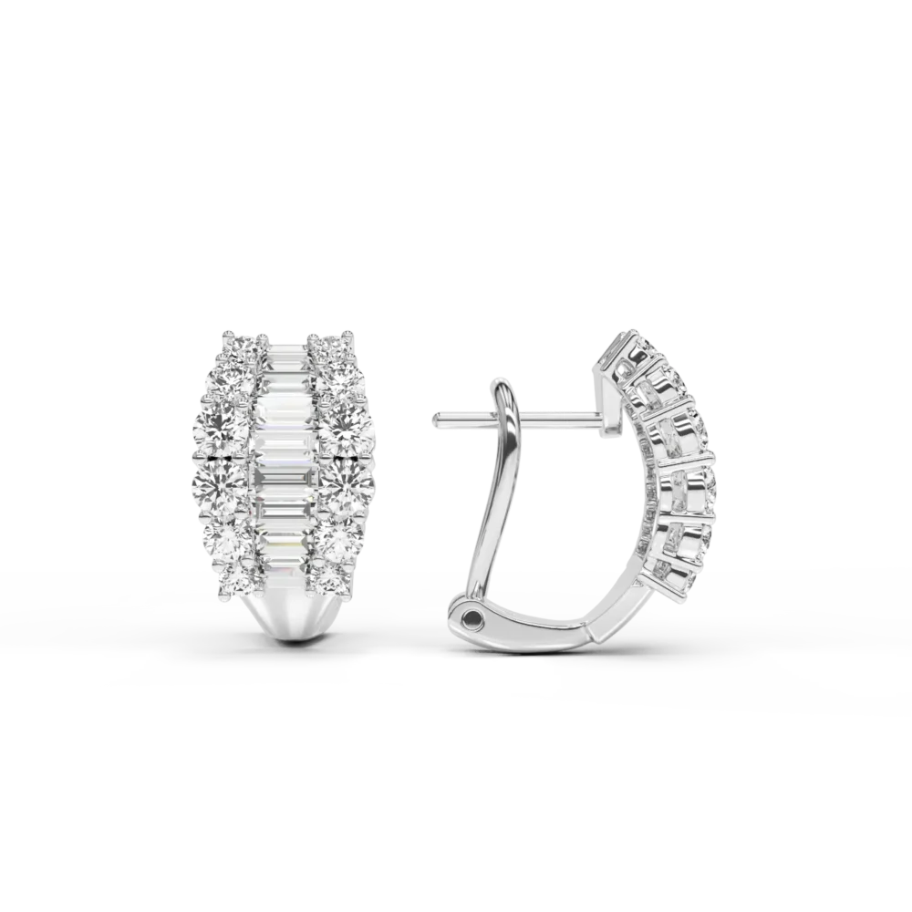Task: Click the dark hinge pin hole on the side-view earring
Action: click(x=470, y=618)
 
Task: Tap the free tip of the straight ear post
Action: click(x=438, y=419)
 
